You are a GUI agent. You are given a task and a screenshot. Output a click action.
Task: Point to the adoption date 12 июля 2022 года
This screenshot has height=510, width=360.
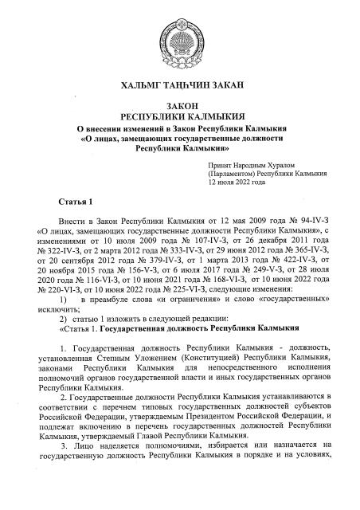click(241, 182)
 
